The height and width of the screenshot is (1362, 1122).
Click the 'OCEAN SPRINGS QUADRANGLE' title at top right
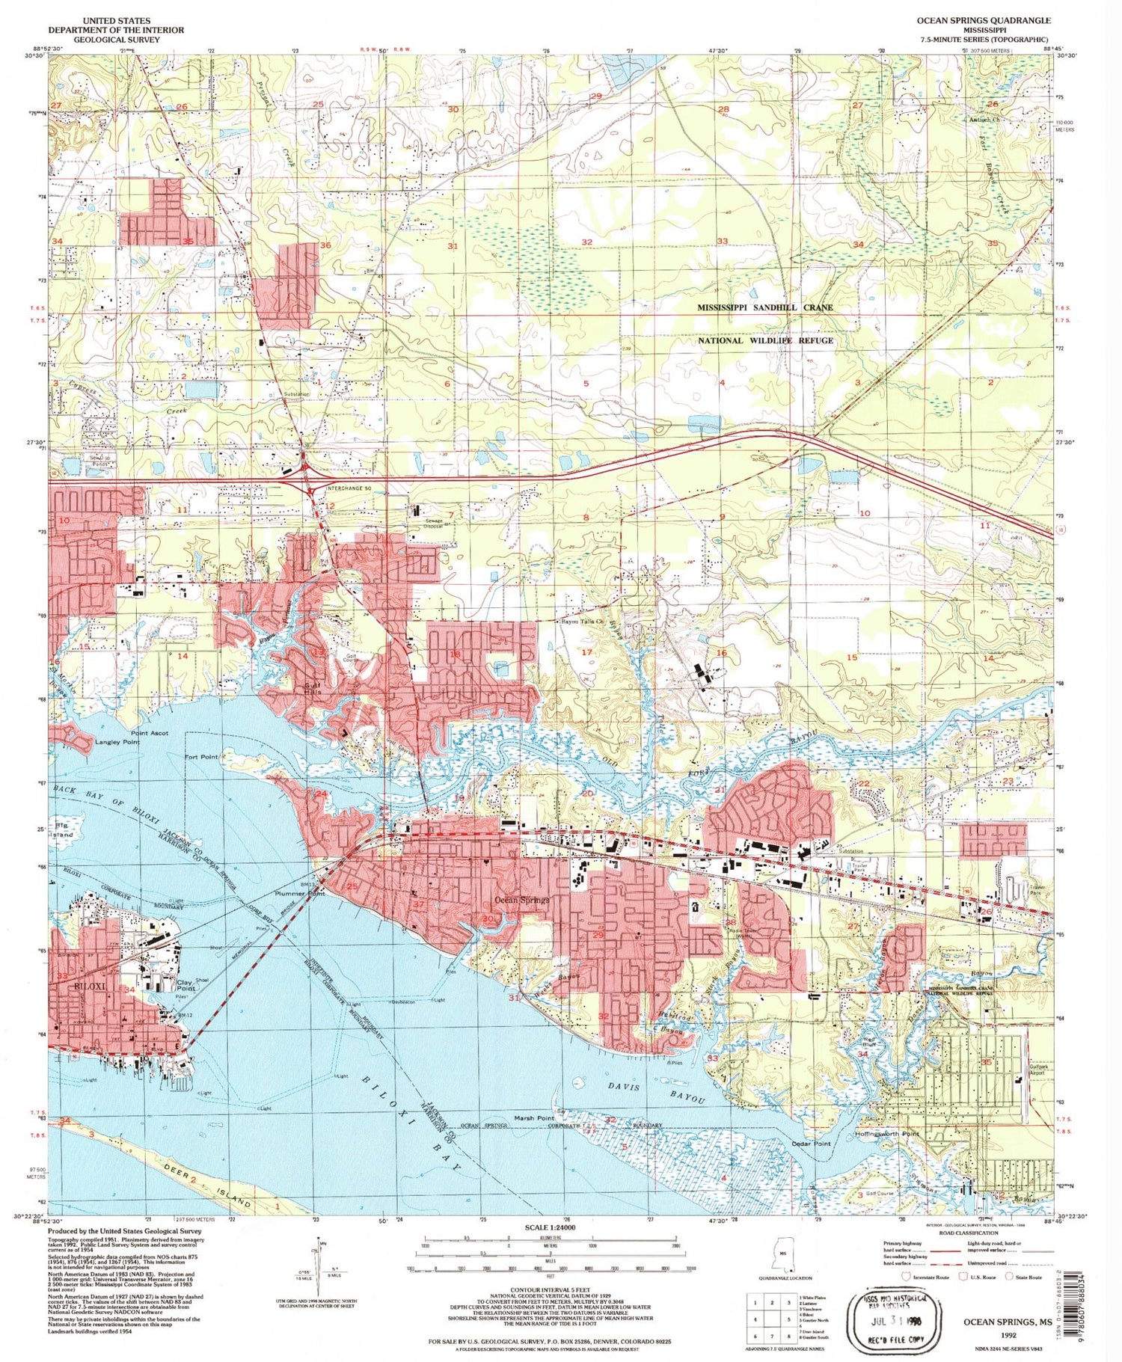click(984, 21)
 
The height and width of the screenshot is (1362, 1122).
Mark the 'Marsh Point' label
click(534, 1118)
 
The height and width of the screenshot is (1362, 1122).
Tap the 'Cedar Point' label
click(811, 1144)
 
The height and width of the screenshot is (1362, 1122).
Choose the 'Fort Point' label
click(201, 757)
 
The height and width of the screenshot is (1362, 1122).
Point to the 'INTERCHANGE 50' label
click(350, 488)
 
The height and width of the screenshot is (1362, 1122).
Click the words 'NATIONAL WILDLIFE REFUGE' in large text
click(764, 340)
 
